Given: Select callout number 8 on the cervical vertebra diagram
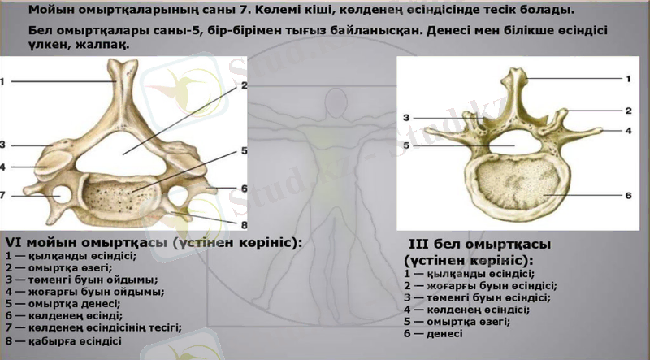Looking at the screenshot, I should (x=243, y=223).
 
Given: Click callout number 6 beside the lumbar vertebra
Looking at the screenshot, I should (x=628, y=196).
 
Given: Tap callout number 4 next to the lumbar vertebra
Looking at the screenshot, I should (x=628, y=130).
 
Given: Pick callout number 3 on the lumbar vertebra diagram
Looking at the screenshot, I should (x=405, y=118).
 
